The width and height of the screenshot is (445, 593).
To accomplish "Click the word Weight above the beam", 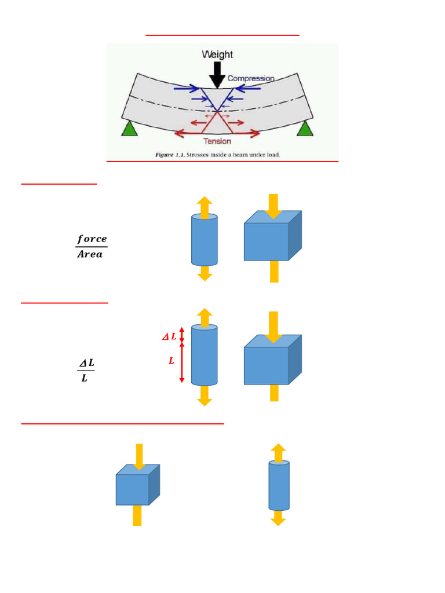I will pos(217,54).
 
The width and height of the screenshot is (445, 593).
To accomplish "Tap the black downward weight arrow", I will pos(217,74).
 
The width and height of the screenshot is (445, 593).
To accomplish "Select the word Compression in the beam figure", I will pos(251,78).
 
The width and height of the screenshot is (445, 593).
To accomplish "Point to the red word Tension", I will pos(217,141).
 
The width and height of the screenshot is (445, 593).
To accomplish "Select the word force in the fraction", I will pos(92,239).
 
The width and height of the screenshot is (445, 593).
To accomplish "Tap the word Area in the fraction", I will pos(90,254).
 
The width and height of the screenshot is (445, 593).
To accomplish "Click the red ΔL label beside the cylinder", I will pos(169,336).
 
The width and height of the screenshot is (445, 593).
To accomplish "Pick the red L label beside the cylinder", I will pos(172,361).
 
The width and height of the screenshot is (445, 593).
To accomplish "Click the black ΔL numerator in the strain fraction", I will pos(86,363).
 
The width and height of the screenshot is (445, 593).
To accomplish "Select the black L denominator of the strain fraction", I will pos(85,378).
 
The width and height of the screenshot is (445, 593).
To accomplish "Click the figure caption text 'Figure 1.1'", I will pos(169,155).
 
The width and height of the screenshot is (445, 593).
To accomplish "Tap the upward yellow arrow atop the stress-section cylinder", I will pos(205,206).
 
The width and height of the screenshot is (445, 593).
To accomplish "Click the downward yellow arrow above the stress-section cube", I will pos(273,206).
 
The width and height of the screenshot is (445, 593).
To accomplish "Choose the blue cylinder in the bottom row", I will pos(279,485).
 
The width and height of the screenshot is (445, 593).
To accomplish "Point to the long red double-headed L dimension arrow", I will pos(182,363).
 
